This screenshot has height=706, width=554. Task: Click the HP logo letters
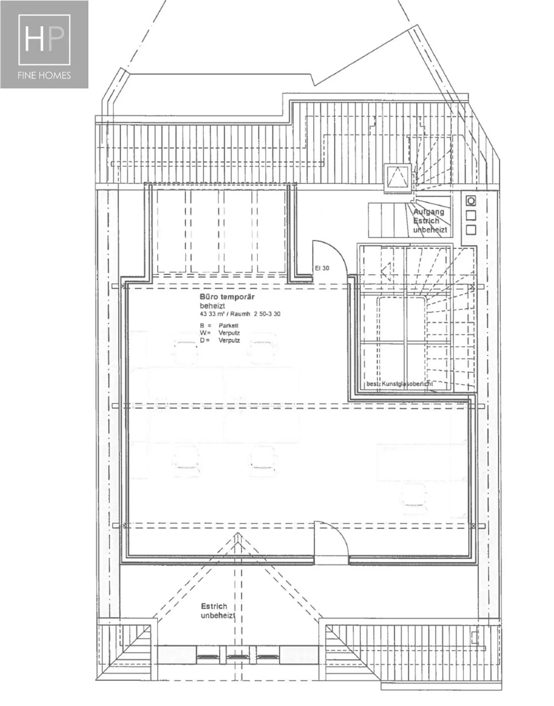coord(44,39)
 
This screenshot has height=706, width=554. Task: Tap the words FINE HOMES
coord(44,75)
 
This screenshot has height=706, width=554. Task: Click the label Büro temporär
coord(227,297)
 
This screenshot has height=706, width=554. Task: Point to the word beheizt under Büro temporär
coord(212,306)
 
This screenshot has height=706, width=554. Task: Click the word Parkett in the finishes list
coord(229,326)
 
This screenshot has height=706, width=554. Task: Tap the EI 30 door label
coord(322,268)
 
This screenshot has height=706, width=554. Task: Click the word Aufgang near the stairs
coord(429,212)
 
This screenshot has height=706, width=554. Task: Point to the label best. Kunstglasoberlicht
coord(399,384)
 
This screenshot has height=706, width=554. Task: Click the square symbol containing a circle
coord(471,201)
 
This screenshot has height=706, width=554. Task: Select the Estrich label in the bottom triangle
coord(214,606)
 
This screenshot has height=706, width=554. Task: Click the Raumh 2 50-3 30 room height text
coord(255,314)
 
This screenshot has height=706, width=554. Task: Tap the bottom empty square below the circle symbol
coord(471,230)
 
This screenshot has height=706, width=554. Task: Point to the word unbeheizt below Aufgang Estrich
coord(430,230)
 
